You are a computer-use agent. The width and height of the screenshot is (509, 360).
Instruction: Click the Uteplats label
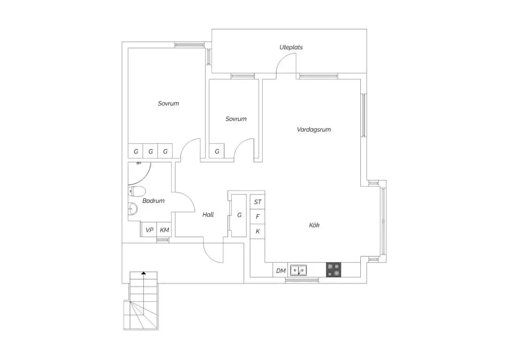[x=291, y=47]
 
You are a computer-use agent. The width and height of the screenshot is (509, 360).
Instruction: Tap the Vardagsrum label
[x=313, y=129]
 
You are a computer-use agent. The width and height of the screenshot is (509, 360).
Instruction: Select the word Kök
[x=314, y=225]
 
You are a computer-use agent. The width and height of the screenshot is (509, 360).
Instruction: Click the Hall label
[x=208, y=214]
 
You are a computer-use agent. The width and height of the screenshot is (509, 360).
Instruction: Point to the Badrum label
[x=153, y=201]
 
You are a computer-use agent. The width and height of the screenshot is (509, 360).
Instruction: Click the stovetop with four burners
[x=334, y=270]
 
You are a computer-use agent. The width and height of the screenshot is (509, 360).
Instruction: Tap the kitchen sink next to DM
[x=298, y=270]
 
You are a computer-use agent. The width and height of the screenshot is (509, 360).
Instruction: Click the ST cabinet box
[x=258, y=202]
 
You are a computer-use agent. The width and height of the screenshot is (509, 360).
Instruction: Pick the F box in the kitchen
[x=258, y=217]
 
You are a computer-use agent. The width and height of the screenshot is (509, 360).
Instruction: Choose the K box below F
[x=258, y=232]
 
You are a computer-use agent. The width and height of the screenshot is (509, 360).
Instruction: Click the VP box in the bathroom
[x=149, y=230]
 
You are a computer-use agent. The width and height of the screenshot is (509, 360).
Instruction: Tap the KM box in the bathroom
[x=164, y=230]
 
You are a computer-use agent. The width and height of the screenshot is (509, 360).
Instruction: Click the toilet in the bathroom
[x=137, y=192]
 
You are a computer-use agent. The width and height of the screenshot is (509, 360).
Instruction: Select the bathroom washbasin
[x=133, y=209]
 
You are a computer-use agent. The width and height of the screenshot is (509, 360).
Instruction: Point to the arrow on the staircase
[x=144, y=273]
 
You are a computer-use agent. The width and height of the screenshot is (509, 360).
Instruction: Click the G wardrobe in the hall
[x=239, y=215]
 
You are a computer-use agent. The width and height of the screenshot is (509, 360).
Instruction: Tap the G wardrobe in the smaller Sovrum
[x=217, y=151]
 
